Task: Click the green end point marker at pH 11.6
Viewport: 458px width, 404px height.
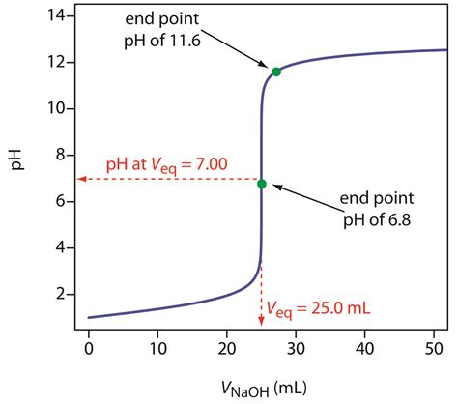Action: tap(276, 72)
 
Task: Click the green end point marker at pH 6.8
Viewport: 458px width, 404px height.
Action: tap(262, 183)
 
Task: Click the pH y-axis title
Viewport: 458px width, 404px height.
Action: tap(15, 172)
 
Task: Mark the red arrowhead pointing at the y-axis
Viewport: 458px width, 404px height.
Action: tap(83, 179)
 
